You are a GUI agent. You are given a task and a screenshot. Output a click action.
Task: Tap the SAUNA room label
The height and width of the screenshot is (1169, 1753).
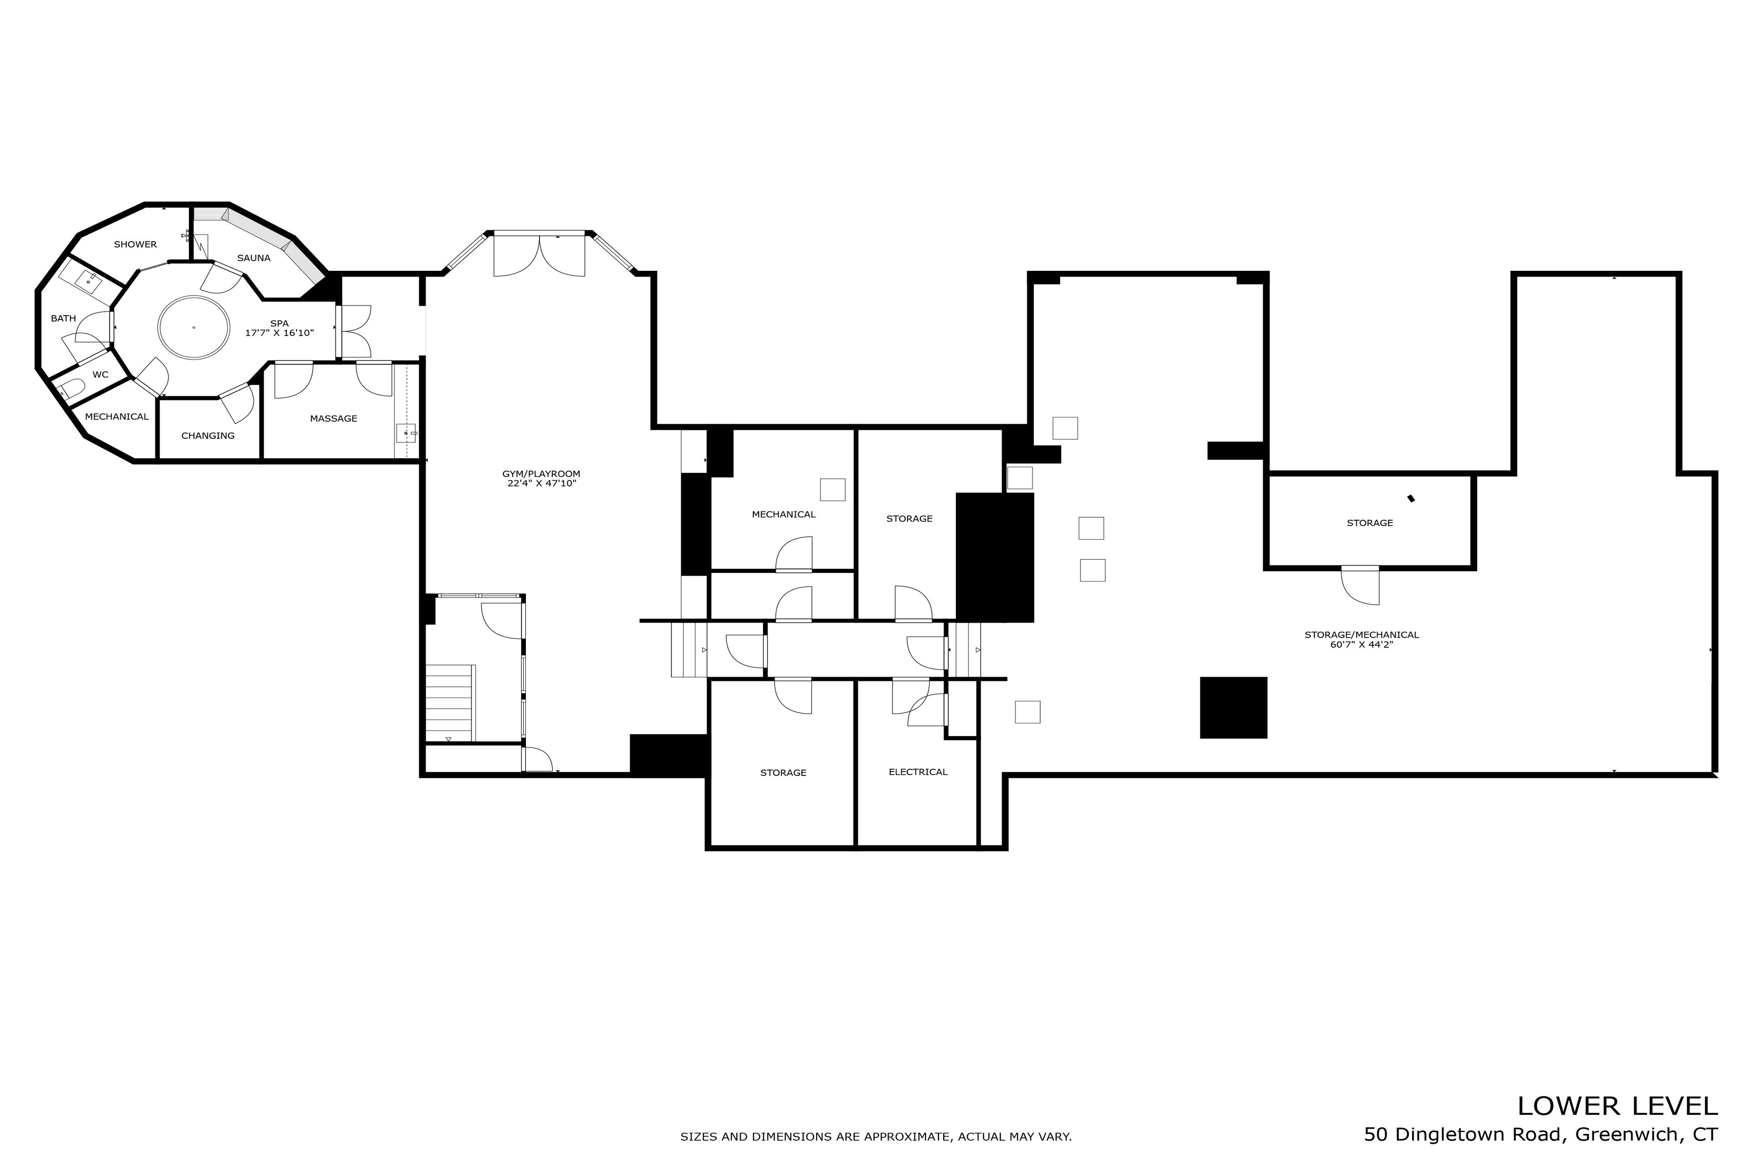(253, 258)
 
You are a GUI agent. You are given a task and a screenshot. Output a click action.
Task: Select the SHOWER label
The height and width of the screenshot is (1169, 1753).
(135, 245)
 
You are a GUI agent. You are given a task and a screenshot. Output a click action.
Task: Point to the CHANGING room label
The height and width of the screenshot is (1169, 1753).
(208, 435)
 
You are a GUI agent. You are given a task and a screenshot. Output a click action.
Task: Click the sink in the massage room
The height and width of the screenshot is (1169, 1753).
(406, 433)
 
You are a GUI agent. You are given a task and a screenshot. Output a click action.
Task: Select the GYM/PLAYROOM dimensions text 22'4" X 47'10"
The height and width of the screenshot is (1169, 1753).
(541, 484)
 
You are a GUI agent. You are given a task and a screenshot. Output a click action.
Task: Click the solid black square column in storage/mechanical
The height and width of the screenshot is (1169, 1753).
(1233, 708)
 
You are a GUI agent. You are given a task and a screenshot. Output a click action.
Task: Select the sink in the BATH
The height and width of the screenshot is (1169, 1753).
(89, 281)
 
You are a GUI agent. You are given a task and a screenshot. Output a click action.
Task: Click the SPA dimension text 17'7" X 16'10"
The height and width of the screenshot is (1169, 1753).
(280, 333)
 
